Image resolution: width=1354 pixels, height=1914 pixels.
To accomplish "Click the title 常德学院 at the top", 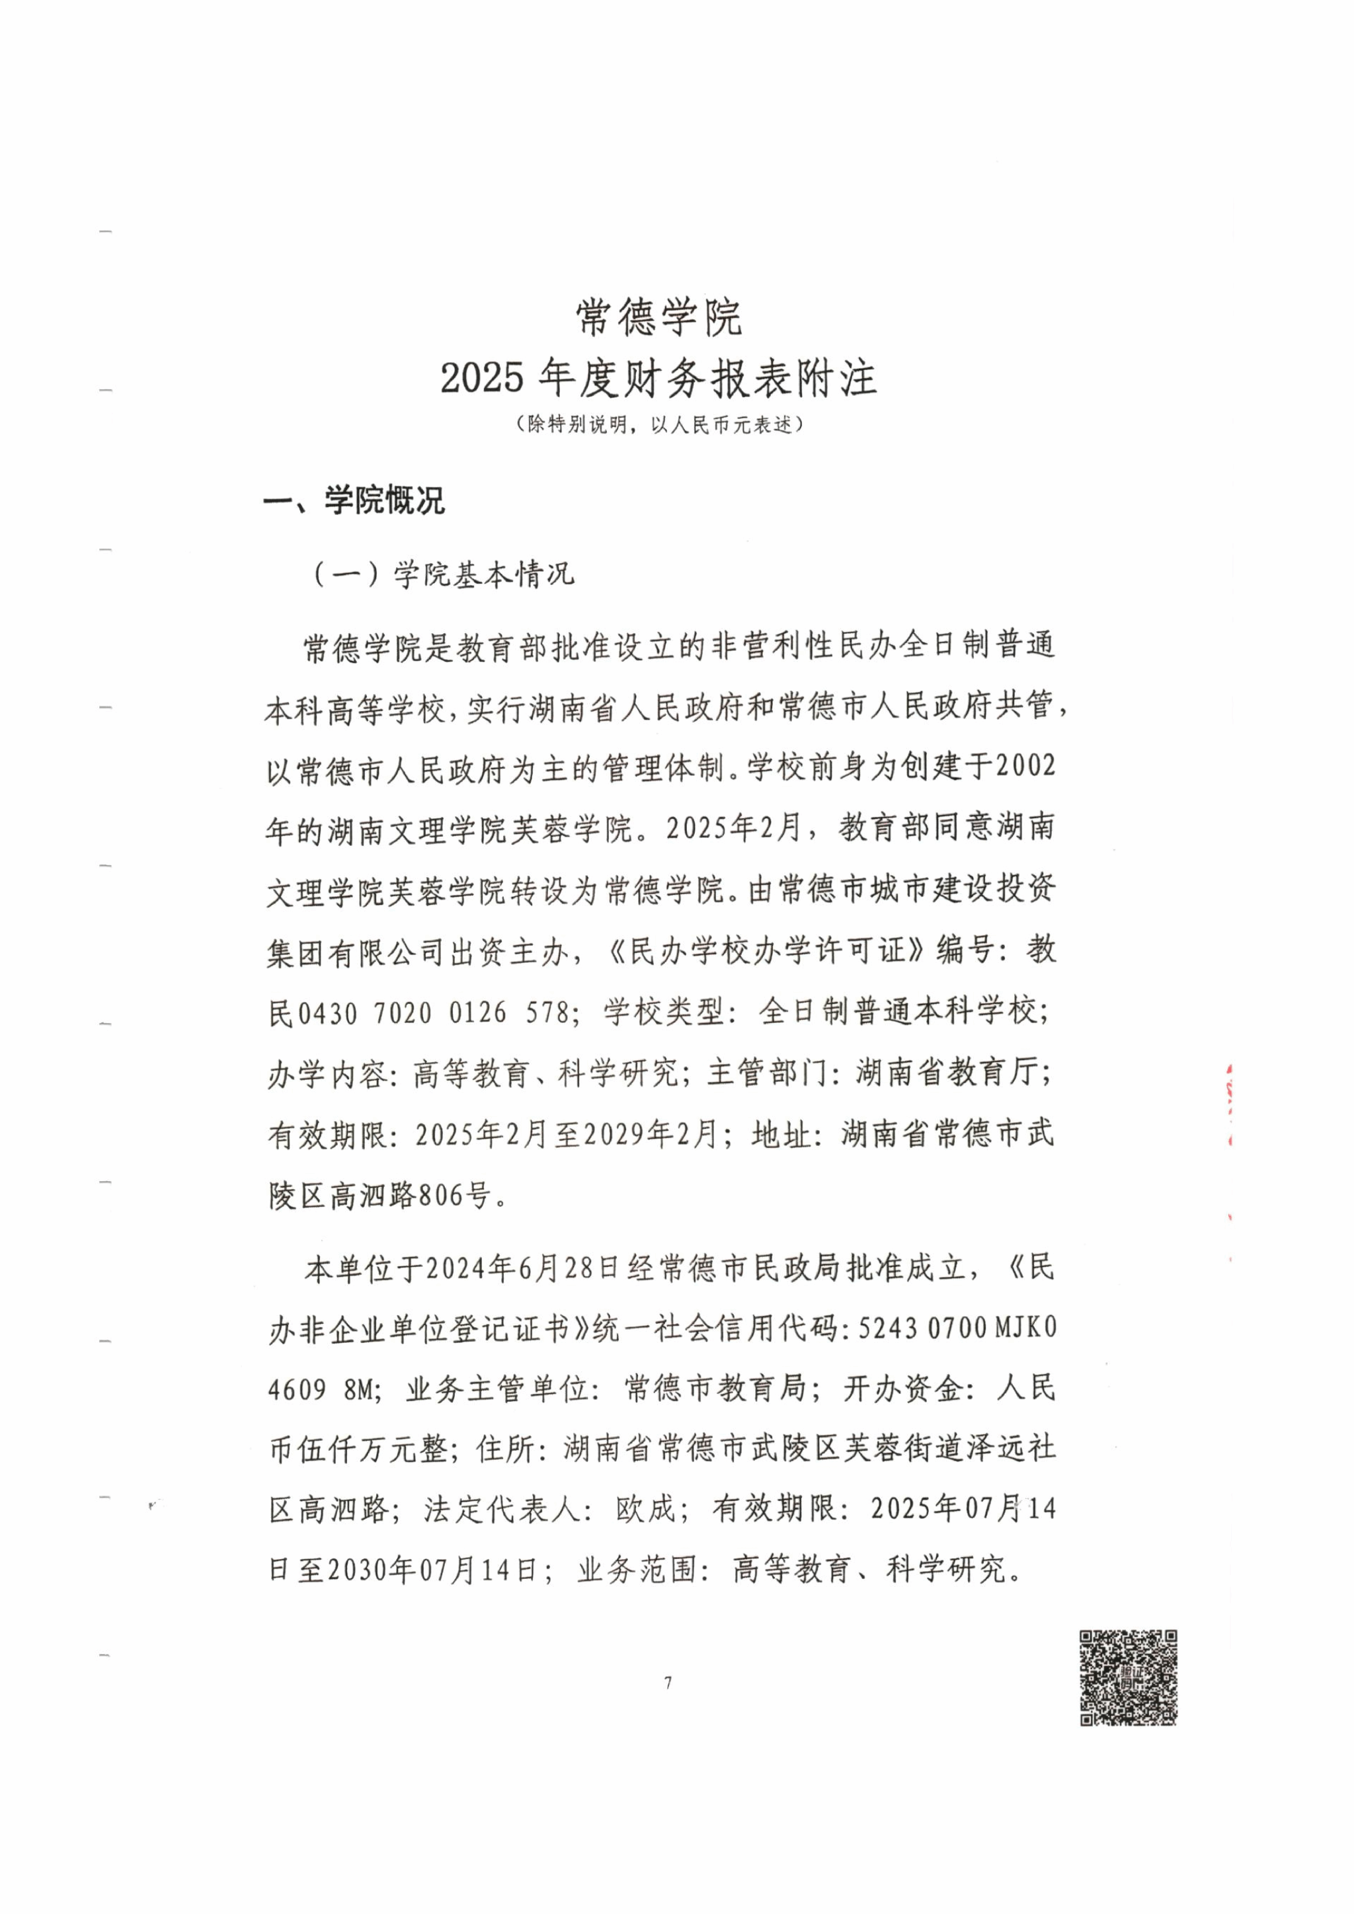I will (658, 318).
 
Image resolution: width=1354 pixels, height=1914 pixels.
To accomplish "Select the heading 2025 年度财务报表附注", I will (658, 379).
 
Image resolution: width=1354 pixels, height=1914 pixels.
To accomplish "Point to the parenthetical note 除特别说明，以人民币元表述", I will (658, 424).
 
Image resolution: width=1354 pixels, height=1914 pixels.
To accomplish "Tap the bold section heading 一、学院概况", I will (354, 501).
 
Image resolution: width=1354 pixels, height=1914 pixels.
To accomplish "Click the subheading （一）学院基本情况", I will (443, 574).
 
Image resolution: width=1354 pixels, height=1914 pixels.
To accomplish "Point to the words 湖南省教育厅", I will (951, 1073).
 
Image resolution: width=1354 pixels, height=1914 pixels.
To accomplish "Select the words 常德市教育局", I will (715, 1388).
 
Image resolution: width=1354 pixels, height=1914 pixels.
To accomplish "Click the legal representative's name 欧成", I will (645, 1508).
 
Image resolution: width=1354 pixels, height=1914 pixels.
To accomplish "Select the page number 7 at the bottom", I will (668, 1683).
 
